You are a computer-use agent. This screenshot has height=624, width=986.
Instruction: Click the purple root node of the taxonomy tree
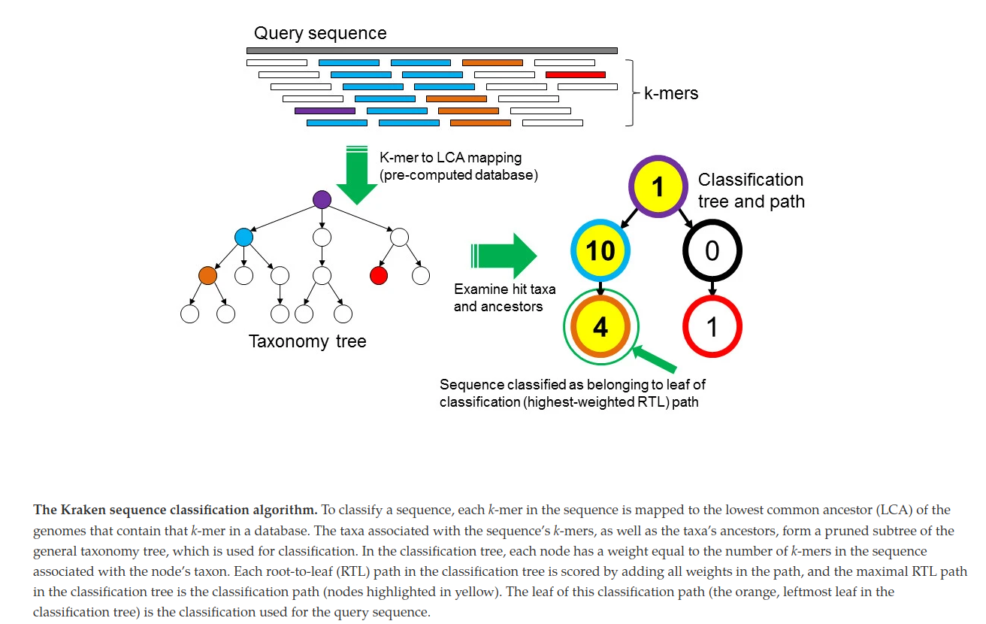point(322,199)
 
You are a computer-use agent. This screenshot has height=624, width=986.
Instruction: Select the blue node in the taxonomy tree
point(243,237)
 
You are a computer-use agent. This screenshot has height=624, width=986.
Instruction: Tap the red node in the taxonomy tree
point(379,276)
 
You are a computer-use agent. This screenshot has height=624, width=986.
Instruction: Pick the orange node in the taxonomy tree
point(207,276)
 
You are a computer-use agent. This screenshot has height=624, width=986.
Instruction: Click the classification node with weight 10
point(600,250)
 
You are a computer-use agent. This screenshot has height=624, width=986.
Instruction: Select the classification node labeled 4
point(600,326)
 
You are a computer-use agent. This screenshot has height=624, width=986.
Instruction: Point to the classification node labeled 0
point(712,250)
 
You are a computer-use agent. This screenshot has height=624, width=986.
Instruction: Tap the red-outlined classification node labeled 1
point(712,326)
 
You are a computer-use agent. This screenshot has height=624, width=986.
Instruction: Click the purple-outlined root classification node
point(658,186)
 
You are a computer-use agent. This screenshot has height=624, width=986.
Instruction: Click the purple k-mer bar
point(325,111)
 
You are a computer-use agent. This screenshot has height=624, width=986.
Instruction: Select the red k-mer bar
point(575,74)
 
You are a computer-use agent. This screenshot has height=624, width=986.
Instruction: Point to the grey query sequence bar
point(431,50)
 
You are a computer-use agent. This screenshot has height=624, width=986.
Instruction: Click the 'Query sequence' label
point(320,33)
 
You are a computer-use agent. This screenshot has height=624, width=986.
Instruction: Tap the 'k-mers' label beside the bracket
point(671,94)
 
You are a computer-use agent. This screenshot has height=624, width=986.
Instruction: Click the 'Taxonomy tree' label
point(307,341)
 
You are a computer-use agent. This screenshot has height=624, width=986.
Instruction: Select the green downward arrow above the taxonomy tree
point(357,177)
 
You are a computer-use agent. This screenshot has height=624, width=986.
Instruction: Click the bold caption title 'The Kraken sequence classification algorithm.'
point(175,510)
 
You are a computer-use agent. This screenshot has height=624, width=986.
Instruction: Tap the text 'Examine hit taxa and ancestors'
point(498,298)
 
